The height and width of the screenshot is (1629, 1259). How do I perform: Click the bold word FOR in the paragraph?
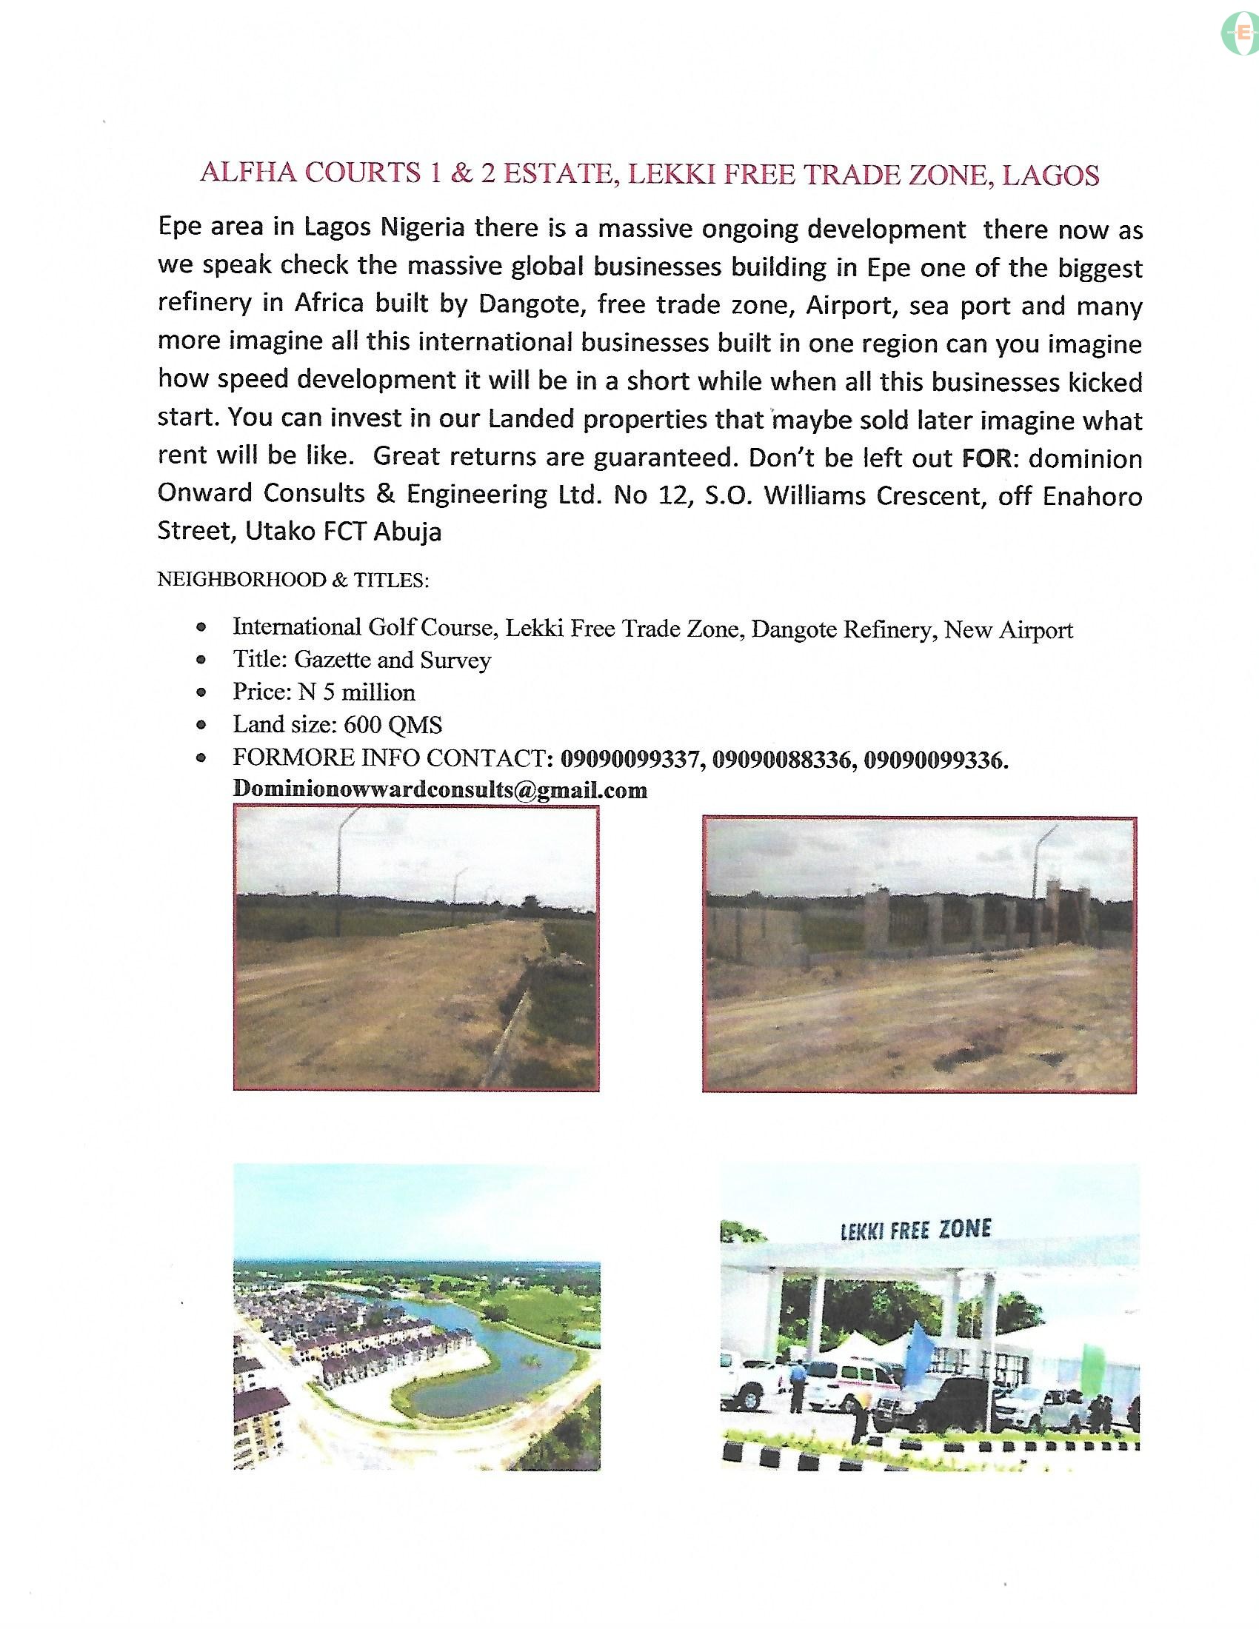(x=986, y=458)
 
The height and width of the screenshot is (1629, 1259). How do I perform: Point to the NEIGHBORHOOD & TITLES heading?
(x=293, y=580)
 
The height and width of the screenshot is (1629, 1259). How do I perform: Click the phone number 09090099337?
(x=631, y=759)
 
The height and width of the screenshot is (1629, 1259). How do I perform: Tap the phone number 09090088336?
(x=782, y=759)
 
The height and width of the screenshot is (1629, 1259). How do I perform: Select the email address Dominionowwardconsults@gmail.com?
(x=440, y=790)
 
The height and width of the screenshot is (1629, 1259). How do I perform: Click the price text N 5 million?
(x=356, y=692)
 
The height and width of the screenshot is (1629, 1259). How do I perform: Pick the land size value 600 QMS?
(x=393, y=725)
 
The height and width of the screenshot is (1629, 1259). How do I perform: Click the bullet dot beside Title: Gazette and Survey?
(x=201, y=660)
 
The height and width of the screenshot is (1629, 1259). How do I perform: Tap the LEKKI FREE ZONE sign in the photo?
(x=915, y=1229)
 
